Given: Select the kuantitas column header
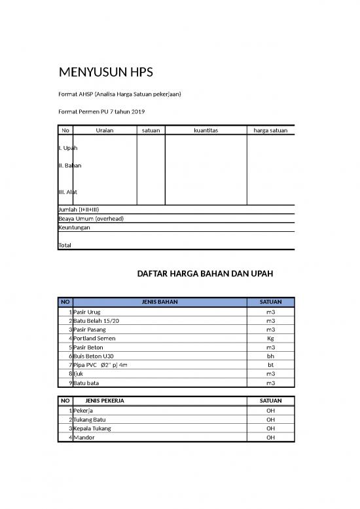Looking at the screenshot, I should click(x=206, y=130).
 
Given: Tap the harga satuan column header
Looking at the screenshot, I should click(x=270, y=130).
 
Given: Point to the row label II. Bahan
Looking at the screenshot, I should click(x=70, y=166).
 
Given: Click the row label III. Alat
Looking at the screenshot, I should click(x=68, y=192).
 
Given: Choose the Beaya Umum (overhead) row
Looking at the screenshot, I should click(x=91, y=218).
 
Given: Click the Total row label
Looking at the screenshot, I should click(x=65, y=245).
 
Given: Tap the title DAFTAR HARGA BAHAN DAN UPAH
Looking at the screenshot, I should click(x=205, y=273).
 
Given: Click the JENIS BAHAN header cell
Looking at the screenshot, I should click(x=160, y=302).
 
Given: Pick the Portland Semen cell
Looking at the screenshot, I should click(x=94, y=339).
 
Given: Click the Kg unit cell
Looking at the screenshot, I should click(x=270, y=339).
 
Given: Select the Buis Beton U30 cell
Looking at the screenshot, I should click(x=94, y=356).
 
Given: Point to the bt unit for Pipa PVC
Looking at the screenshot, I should click(x=270, y=365).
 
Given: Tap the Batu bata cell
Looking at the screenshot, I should click(x=86, y=383).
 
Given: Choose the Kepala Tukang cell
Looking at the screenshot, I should click(x=92, y=428).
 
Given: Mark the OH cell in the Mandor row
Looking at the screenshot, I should click(x=270, y=437).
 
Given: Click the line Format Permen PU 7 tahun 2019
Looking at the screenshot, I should click(x=101, y=112).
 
